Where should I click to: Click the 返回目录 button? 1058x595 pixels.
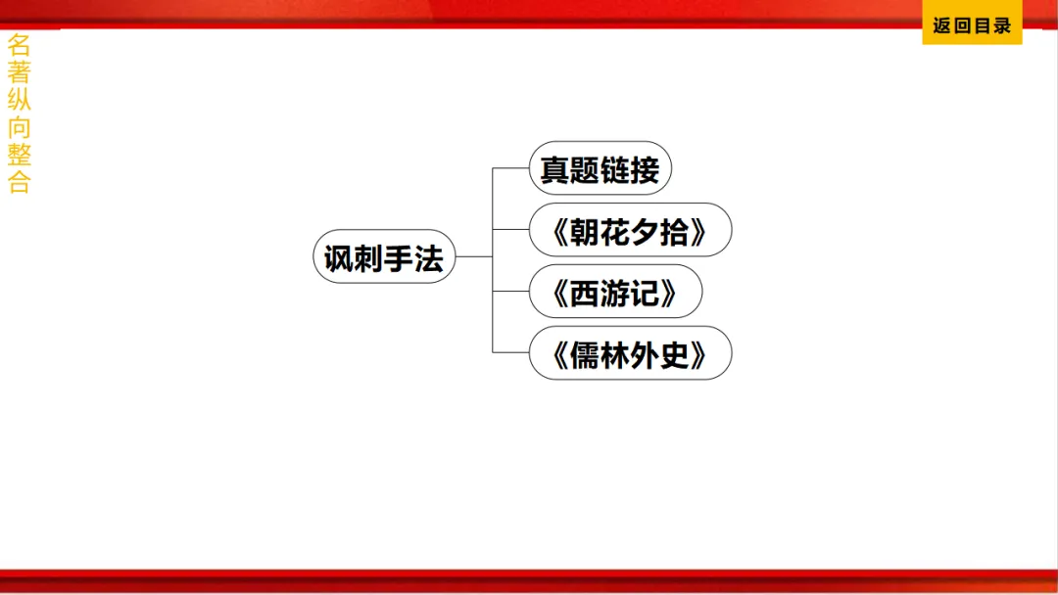(x=972, y=26)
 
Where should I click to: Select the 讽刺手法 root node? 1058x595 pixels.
(x=384, y=257)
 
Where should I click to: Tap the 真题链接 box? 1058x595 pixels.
(x=600, y=169)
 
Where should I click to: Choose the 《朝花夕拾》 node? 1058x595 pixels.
(x=630, y=231)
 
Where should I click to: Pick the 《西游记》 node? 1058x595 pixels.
(x=615, y=292)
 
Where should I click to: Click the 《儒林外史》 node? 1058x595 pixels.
(x=630, y=353)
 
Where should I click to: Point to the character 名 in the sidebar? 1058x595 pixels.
(x=19, y=44)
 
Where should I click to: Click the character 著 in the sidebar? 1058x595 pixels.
(x=19, y=71)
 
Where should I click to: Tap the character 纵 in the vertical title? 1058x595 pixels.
(x=19, y=100)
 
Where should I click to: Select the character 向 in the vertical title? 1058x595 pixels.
(x=19, y=127)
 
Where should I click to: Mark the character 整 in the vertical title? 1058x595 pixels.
(x=19, y=155)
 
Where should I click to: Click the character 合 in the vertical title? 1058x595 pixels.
(x=19, y=182)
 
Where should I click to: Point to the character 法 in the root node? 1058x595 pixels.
(x=429, y=258)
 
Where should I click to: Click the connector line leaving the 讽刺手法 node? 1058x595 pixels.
(x=474, y=257)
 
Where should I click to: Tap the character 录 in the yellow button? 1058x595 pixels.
(x=1001, y=26)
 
